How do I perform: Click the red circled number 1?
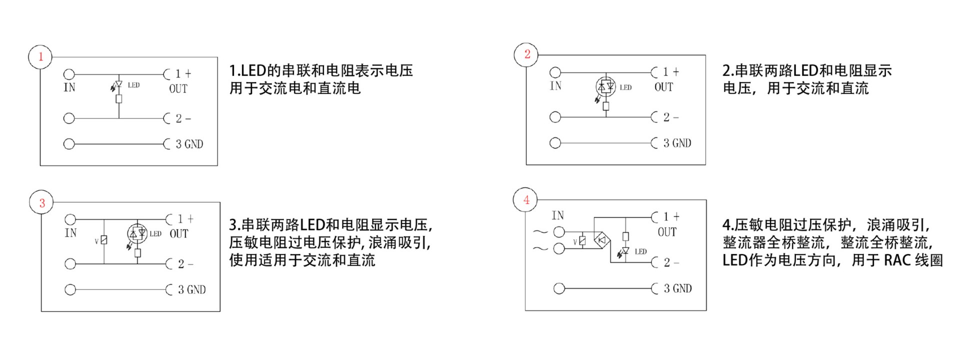(40, 56)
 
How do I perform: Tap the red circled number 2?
(526, 54)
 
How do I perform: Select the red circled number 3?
(42, 202)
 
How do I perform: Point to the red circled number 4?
(526, 200)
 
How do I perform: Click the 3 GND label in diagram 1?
(189, 144)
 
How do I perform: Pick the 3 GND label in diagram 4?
(677, 288)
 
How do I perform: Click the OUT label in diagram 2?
(664, 87)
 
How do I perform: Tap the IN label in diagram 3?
(70, 233)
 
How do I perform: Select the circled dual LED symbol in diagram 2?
(606, 87)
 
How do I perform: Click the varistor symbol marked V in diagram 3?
(104, 240)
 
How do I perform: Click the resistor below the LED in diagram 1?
(119, 98)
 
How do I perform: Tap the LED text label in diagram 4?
(640, 251)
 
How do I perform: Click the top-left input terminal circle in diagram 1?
(69, 75)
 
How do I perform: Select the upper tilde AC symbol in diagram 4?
(540, 232)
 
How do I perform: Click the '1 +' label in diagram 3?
(185, 219)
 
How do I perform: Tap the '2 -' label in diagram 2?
(671, 117)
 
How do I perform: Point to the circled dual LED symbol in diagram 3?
(137, 233)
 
